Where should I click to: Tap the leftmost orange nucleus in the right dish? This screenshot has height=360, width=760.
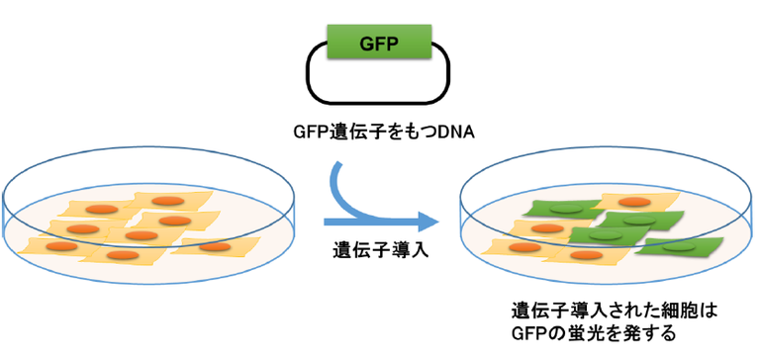point(517,247)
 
